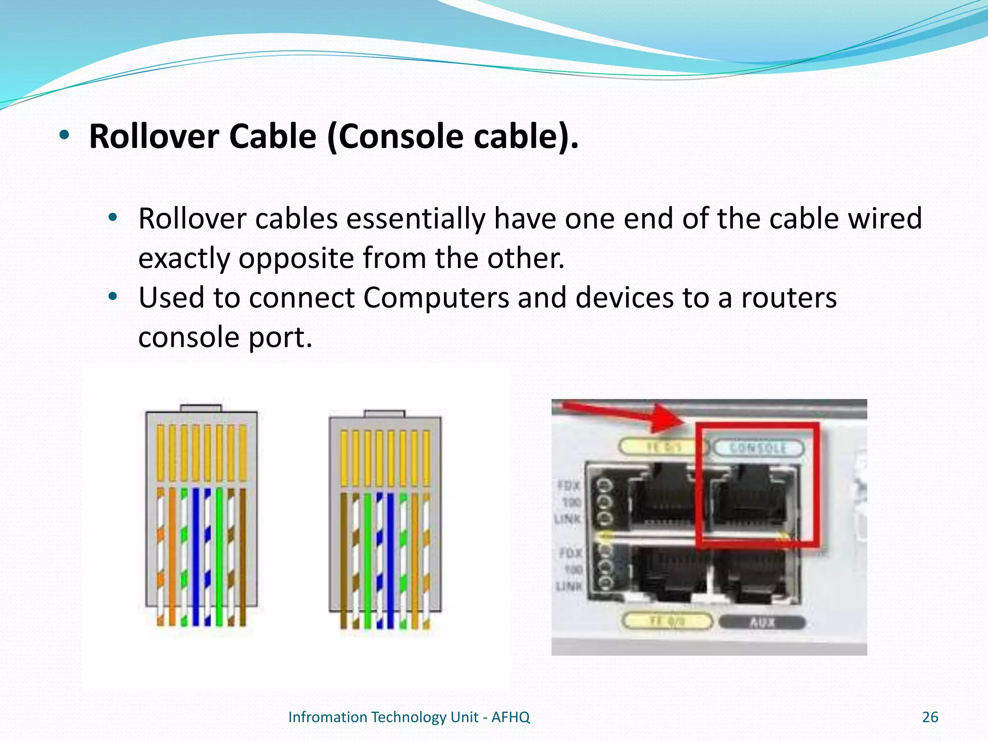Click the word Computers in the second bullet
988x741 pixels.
coord(436,298)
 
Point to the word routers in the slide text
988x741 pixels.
coord(789,298)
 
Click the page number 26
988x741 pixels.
coord(930,717)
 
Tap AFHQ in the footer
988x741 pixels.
coord(510,717)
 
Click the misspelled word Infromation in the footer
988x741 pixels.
coord(328,717)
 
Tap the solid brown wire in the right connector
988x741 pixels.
coord(344,560)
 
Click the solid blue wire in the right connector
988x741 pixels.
coord(391,560)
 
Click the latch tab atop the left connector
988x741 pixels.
coord(201,408)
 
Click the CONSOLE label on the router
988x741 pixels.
coord(758,448)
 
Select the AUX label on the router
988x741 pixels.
coord(762,622)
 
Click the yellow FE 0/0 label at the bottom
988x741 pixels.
coord(667,621)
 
